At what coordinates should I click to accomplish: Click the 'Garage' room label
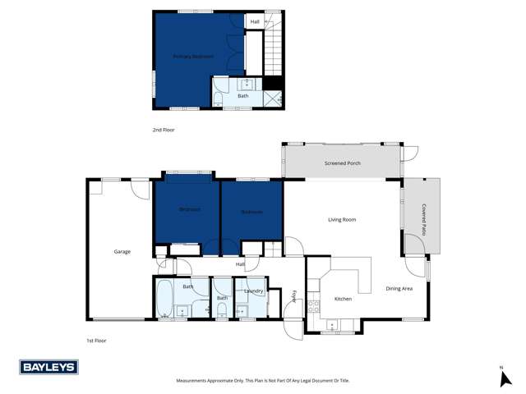[122, 251]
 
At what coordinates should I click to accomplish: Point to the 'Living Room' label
[342, 219]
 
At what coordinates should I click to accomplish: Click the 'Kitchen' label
[343, 298]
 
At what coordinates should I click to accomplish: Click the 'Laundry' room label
[253, 291]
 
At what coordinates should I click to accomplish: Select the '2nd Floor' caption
[164, 130]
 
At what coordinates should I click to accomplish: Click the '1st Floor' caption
[97, 340]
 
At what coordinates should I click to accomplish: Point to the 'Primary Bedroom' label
[193, 56]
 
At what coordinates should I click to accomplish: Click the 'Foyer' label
[293, 296]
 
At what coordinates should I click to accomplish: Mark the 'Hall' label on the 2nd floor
[256, 21]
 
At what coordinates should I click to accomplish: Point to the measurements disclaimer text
[263, 380]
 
